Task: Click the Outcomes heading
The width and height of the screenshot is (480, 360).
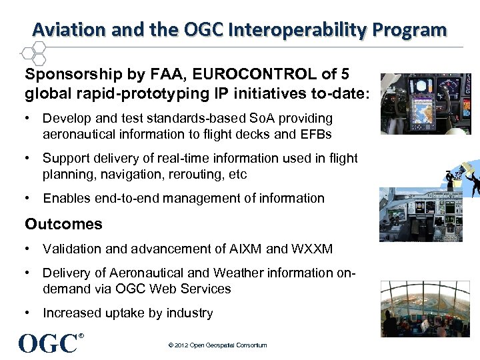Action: point(64,223)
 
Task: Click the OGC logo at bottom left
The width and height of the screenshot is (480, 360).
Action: point(49,343)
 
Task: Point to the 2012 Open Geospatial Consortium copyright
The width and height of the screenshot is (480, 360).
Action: point(217,345)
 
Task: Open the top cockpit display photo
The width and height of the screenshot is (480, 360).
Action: point(425,104)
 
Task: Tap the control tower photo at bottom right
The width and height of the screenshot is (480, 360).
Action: point(425,309)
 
